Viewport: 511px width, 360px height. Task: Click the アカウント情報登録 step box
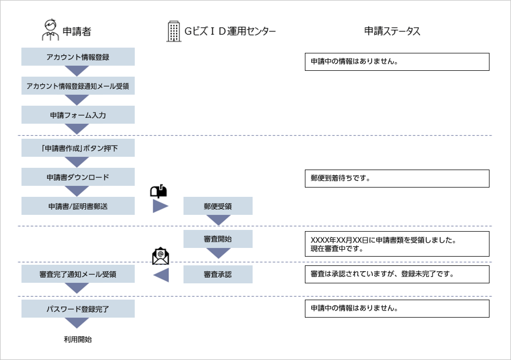click(x=78, y=57)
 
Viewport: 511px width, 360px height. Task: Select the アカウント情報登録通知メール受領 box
click(x=78, y=86)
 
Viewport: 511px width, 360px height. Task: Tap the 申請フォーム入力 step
click(x=78, y=115)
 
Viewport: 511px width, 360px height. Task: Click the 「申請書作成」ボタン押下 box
click(x=78, y=148)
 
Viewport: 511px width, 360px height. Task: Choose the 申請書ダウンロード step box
click(x=78, y=177)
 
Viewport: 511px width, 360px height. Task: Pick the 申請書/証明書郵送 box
click(x=78, y=206)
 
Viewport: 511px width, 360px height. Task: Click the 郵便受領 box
click(x=218, y=206)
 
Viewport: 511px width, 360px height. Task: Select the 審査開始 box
click(x=218, y=239)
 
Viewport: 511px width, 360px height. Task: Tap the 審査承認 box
click(x=218, y=275)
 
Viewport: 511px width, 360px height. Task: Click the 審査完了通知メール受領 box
click(x=78, y=275)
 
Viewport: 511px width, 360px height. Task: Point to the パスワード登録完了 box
click(x=78, y=309)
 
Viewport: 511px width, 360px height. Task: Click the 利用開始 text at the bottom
click(x=78, y=340)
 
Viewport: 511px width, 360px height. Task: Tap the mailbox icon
click(x=159, y=191)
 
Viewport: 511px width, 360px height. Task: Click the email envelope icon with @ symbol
click(x=160, y=256)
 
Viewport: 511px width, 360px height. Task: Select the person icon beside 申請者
click(x=51, y=30)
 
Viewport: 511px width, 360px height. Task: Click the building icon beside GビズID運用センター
click(x=174, y=31)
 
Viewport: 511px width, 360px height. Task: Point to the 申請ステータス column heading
click(x=392, y=31)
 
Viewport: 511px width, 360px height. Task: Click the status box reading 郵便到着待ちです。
click(x=397, y=178)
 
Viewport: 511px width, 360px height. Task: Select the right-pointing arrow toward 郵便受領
click(x=160, y=206)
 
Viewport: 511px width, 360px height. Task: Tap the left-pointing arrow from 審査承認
click(x=161, y=275)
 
